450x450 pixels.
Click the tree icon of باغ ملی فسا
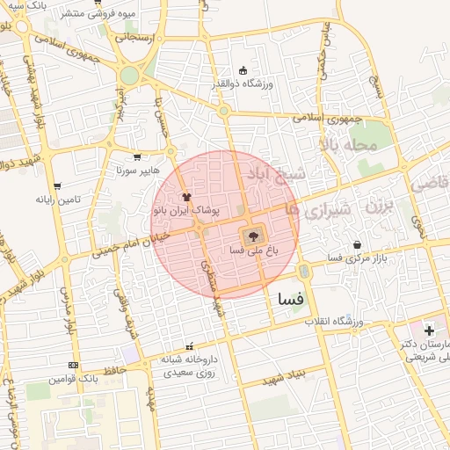click(x=253, y=235)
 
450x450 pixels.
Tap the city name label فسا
click(x=290, y=299)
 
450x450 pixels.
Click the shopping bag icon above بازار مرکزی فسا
click(x=356, y=244)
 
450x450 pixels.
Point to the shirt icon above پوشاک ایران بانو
click(x=185, y=198)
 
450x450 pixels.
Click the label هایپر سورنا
click(x=136, y=170)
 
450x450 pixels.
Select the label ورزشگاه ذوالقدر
click(x=243, y=83)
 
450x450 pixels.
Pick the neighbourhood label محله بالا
click(x=348, y=144)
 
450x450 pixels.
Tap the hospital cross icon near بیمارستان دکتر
click(x=429, y=330)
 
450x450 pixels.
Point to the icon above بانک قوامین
click(x=73, y=365)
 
